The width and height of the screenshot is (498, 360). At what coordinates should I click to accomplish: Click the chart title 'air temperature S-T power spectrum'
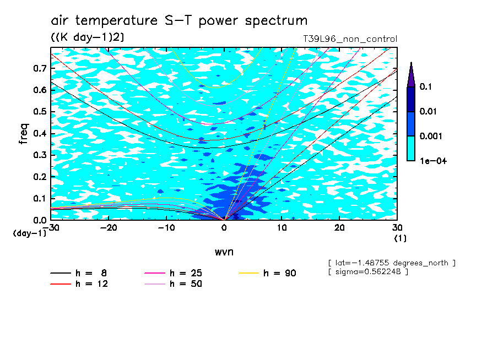pyautogui.click(x=179, y=20)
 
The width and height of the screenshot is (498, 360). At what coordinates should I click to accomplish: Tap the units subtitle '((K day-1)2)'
pyautogui.click(x=88, y=37)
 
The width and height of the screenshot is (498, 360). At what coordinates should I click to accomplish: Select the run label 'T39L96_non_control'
pyautogui.click(x=350, y=39)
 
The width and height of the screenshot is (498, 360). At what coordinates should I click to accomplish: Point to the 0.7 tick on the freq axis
pyautogui.click(x=40, y=68)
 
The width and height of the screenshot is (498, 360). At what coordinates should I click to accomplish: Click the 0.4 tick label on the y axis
pyautogui.click(x=40, y=133)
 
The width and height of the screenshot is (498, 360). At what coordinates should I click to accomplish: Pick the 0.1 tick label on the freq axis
pyautogui.click(x=40, y=198)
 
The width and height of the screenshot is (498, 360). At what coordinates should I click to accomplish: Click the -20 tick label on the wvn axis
pyautogui.click(x=109, y=228)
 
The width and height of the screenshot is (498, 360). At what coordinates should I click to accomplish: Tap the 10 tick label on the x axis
pyautogui.click(x=282, y=228)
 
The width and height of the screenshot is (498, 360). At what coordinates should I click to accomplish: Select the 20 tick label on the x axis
pyautogui.click(x=339, y=228)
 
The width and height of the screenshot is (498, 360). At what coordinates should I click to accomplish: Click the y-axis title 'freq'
pyautogui.click(x=24, y=134)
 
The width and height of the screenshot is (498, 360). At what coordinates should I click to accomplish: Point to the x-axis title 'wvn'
pyautogui.click(x=224, y=252)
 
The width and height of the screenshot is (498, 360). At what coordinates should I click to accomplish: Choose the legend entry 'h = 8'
pyautogui.click(x=79, y=273)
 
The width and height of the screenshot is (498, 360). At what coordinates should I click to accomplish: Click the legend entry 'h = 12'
pyautogui.click(x=79, y=283)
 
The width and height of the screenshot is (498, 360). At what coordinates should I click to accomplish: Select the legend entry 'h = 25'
pyautogui.click(x=174, y=273)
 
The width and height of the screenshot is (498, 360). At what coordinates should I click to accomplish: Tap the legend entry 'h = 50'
pyautogui.click(x=174, y=283)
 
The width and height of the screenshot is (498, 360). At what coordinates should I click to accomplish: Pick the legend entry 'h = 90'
pyautogui.click(x=267, y=273)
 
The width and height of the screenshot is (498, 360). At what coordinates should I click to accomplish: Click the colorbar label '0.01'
pyautogui.click(x=428, y=111)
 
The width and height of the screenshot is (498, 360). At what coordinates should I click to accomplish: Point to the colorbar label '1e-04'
pyautogui.click(x=433, y=161)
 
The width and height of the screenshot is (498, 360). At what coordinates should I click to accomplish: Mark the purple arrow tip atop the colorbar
pyautogui.click(x=412, y=63)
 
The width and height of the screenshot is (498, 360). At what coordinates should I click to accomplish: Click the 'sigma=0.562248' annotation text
pyautogui.click(x=369, y=272)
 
